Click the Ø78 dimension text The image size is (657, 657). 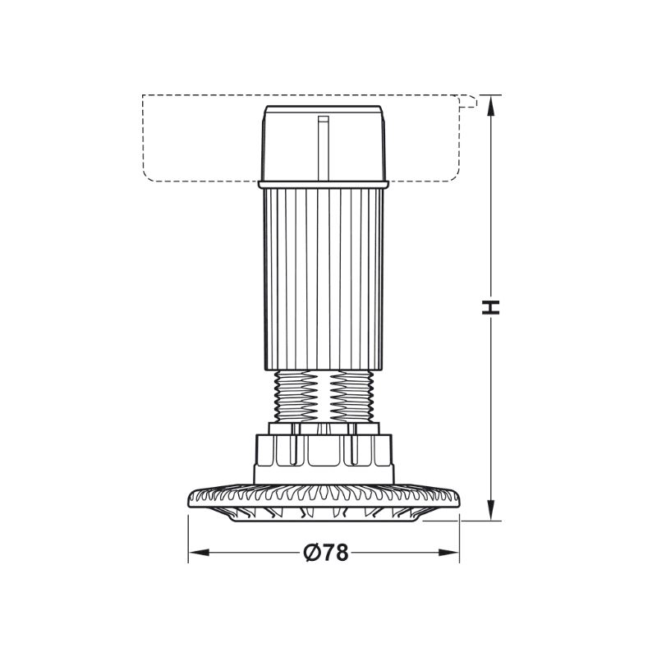click(326, 553)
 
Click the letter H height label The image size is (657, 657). click(491, 307)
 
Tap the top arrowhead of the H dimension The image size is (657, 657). click(491, 106)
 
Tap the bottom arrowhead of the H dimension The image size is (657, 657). click(491, 510)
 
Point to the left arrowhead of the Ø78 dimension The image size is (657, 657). click(199, 553)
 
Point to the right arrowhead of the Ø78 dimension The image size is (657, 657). click(448, 553)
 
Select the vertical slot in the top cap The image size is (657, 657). click(323, 148)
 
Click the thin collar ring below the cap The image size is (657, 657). click(324, 184)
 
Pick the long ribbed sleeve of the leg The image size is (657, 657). click(324, 279)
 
